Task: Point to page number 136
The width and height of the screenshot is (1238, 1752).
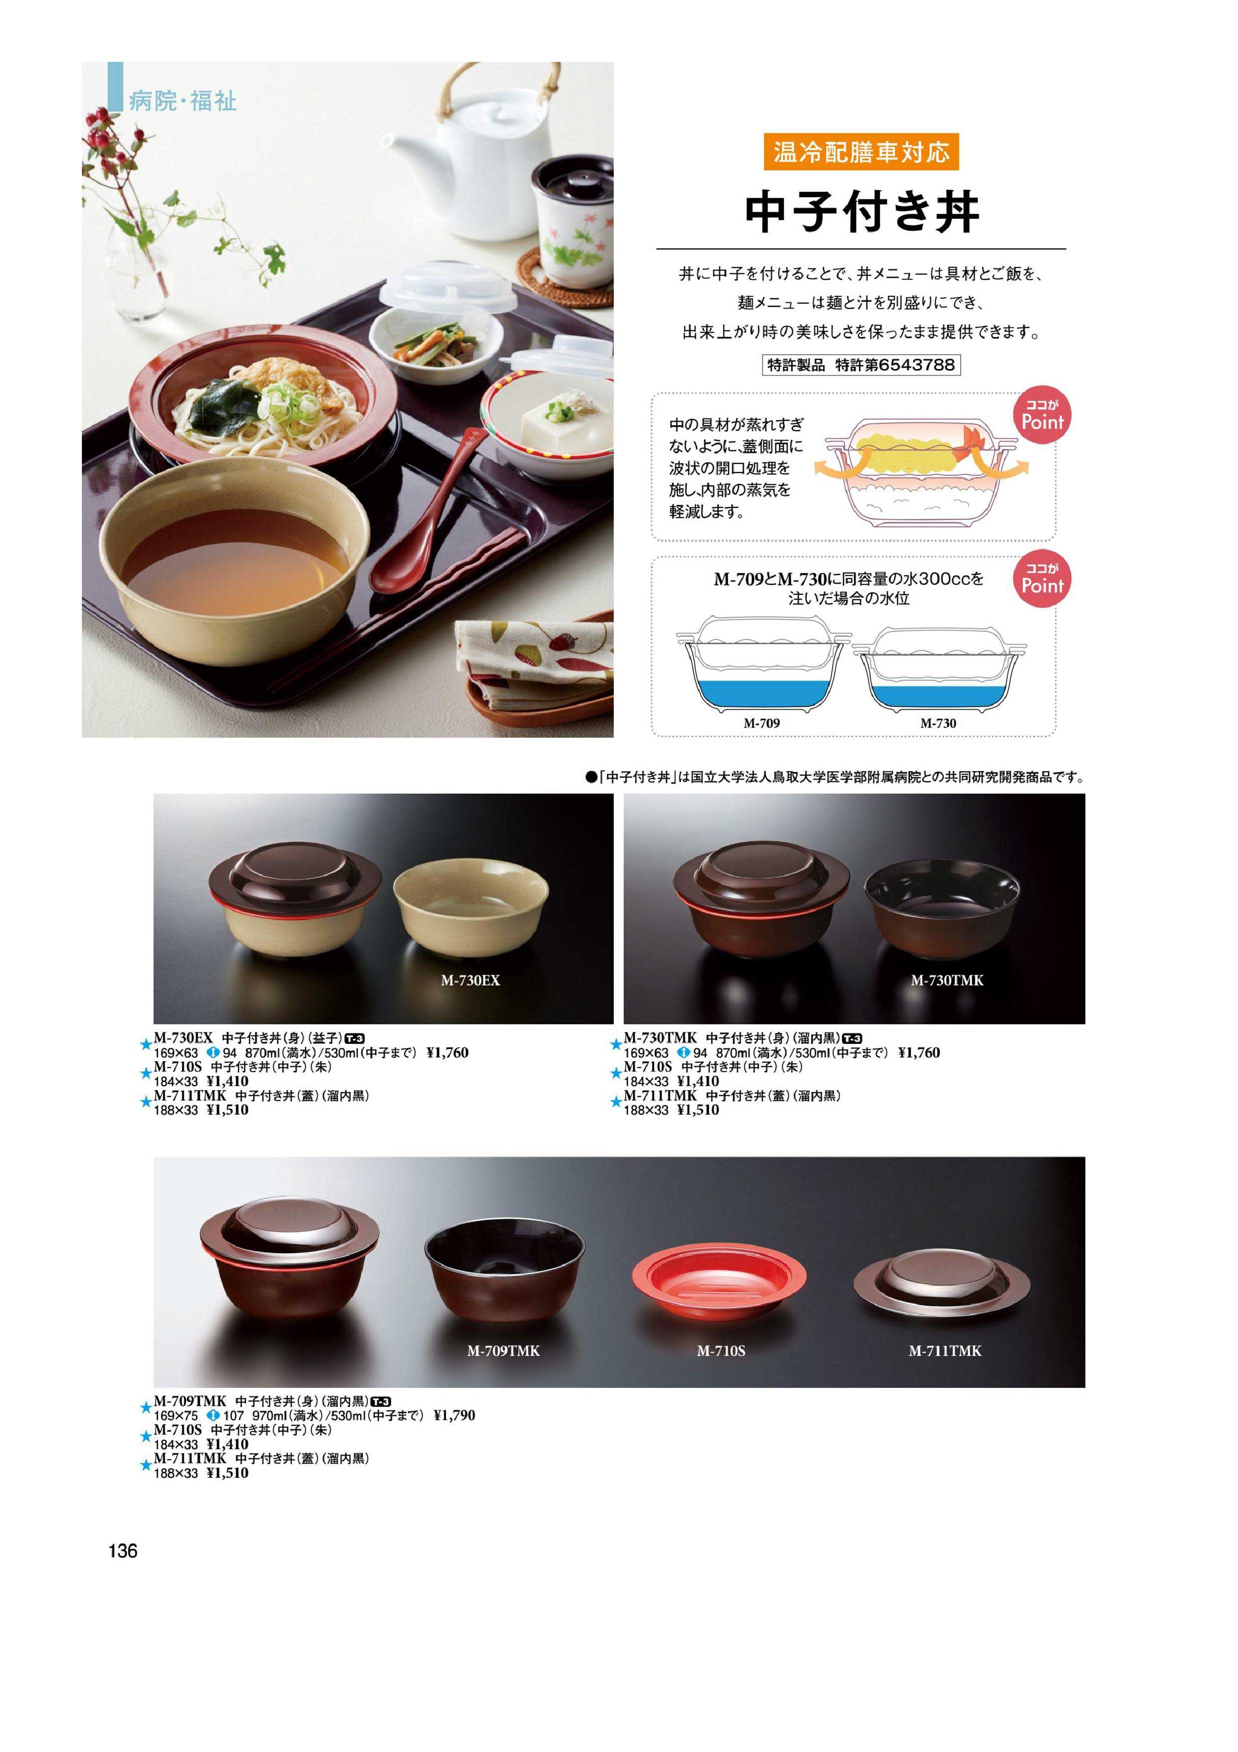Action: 123,1551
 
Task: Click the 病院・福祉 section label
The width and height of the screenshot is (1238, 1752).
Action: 182,101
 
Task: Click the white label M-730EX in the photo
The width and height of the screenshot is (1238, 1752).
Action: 470,980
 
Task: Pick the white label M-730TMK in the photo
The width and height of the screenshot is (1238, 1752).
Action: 947,980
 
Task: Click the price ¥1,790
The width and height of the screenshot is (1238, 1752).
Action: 454,1415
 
